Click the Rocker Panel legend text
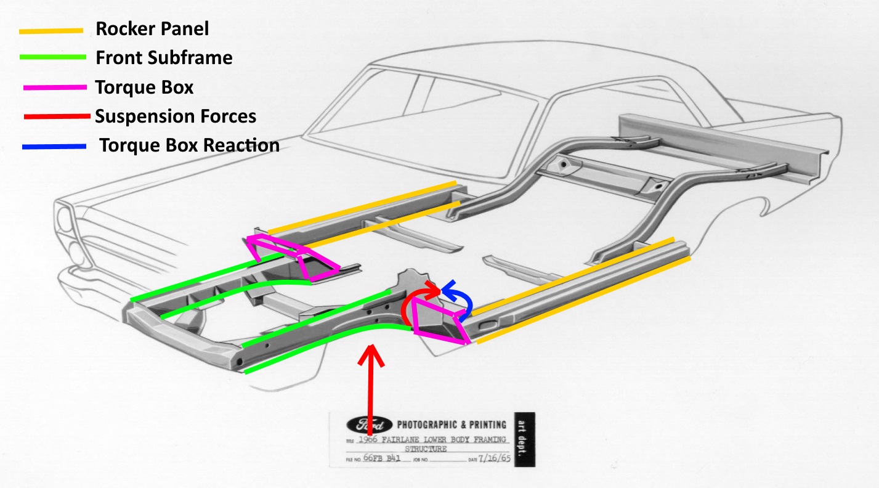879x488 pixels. (x=152, y=28)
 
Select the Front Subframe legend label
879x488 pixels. (x=164, y=58)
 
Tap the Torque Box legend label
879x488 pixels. (x=144, y=87)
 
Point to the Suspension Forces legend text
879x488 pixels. (x=175, y=116)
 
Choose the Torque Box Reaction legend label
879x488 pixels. (x=189, y=145)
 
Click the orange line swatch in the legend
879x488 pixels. (x=51, y=30)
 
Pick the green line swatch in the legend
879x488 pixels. (x=52, y=58)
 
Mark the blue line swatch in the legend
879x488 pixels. (x=54, y=147)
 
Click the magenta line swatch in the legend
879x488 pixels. (x=55, y=88)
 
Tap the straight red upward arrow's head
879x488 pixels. (x=371, y=356)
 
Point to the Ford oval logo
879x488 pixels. (x=370, y=425)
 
